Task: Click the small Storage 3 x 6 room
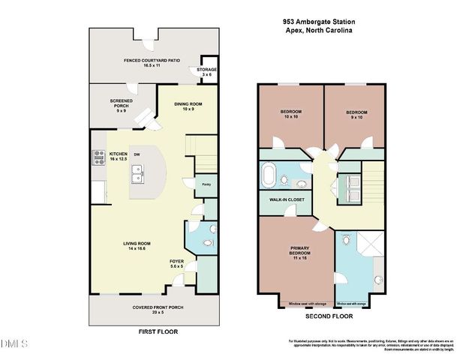(206, 72)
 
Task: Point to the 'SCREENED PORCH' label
(122, 102)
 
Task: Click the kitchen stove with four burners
(98, 157)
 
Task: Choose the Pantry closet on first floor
(206, 183)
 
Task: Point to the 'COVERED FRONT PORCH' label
(158, 308)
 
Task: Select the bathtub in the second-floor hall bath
(269, 178)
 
